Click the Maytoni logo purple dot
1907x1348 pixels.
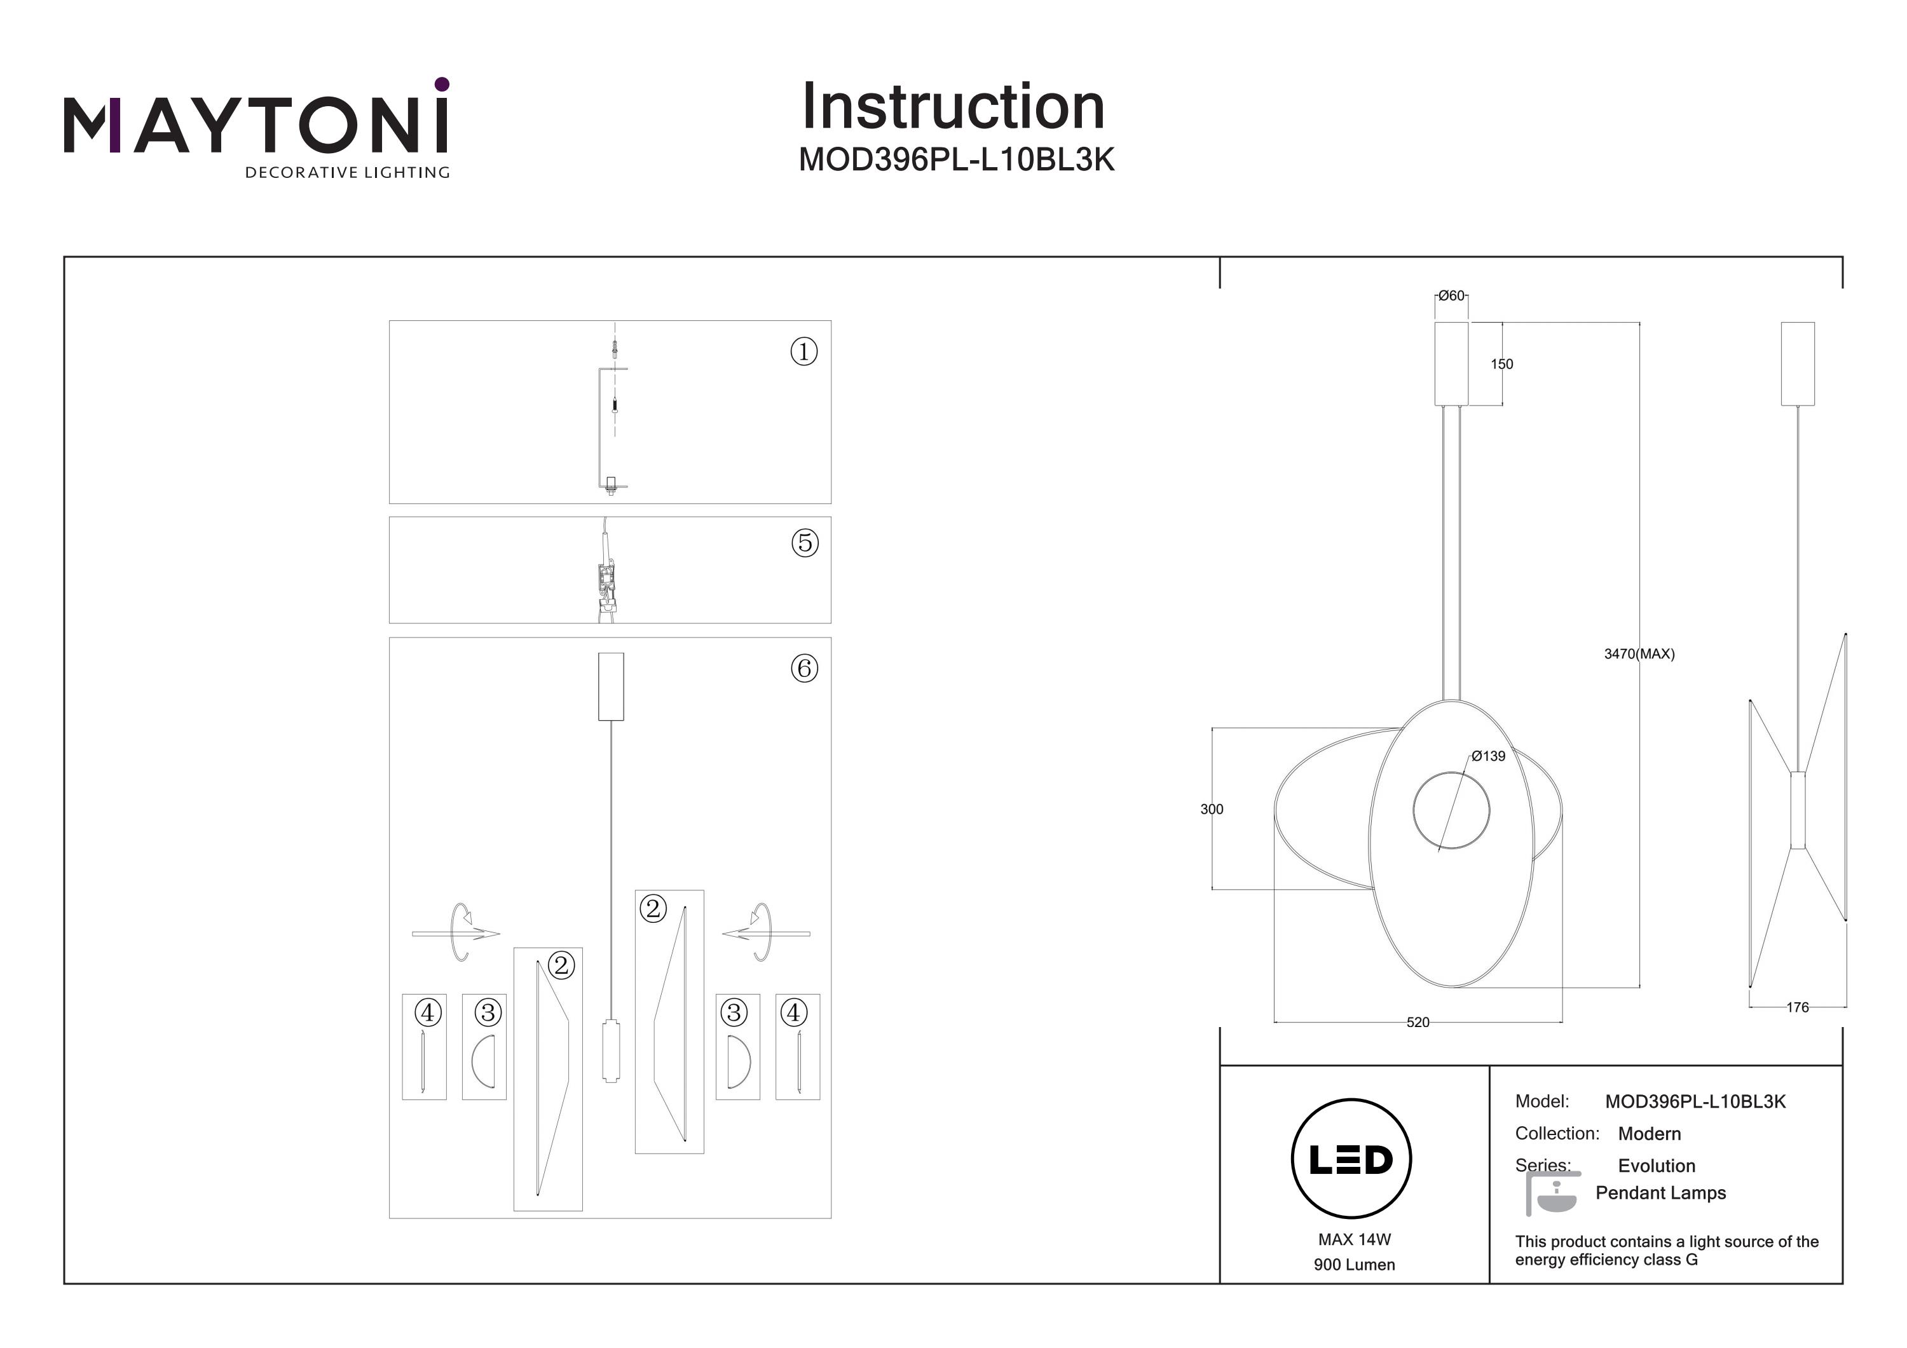click(x=442, y=84)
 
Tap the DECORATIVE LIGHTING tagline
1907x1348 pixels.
click(x=346, y=173)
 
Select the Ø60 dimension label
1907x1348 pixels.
click(x=1451, y=296)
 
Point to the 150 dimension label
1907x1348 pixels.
click(x=1501, y=364)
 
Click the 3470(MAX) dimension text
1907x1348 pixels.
click(x=1639, y=653)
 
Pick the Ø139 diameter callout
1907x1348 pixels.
click(x=1487, y=756)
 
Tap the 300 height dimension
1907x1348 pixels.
click(x=1211, y=809)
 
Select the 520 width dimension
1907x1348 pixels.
click(x=1418, y=1023)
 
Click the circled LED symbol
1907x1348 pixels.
click(x=1351, y=1159)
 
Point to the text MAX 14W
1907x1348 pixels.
click(x=1354, y=1239)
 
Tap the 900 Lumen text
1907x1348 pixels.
click(x=1354, y=1265)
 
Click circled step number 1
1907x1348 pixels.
click(x=803, y=351)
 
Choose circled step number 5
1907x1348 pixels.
click(x=804, y=543)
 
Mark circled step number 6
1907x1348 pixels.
click(x=804, y=668)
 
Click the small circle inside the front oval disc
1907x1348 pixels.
click(x=1451, y=810)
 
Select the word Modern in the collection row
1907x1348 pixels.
click(x=1649, y=1134)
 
